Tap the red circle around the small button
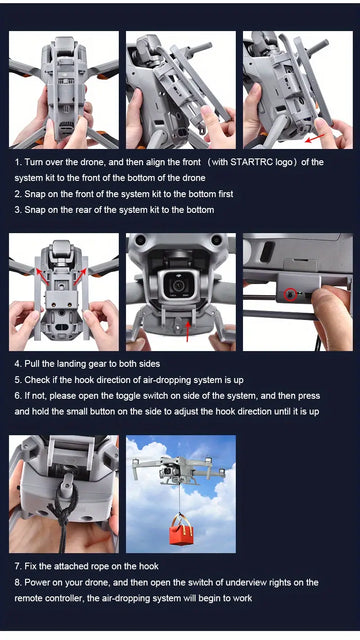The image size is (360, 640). [291, 294]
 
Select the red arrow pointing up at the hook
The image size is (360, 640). [188, 331]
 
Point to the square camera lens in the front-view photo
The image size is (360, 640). [178, 286]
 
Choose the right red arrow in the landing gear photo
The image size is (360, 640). [80, 276]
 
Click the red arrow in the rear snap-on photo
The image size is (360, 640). [315, 138]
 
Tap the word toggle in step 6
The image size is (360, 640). [132, 396]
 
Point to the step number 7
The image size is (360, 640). [18, 567]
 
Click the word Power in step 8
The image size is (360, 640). [37, 582]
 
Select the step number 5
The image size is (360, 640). [18, 380]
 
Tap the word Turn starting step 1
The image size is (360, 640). [33, 162]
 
